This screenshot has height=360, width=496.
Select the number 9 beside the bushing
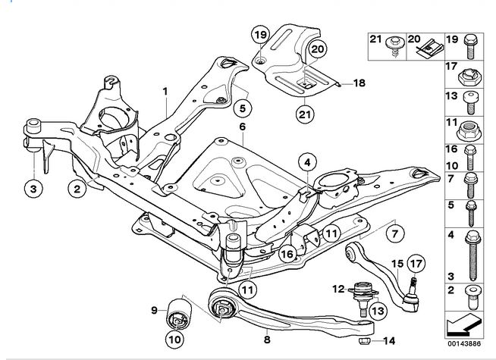pos(154,309)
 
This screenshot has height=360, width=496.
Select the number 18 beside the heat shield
pos(359,83)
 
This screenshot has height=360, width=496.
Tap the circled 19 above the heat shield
pos(260,34)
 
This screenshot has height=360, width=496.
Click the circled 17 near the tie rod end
pos(415,265)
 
